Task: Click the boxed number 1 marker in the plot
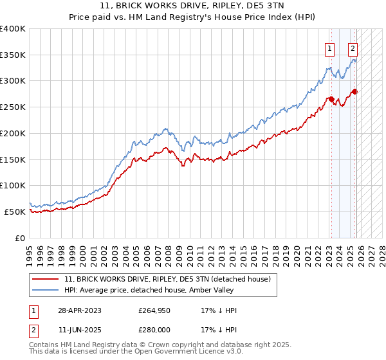point(330,48)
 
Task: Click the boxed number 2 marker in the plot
point(353,48)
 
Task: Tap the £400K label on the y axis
point(13,29)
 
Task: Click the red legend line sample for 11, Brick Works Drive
point(46,279)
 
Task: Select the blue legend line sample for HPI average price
point(46,290)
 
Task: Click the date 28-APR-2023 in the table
point(78,310)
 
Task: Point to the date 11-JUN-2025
point(78,331)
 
